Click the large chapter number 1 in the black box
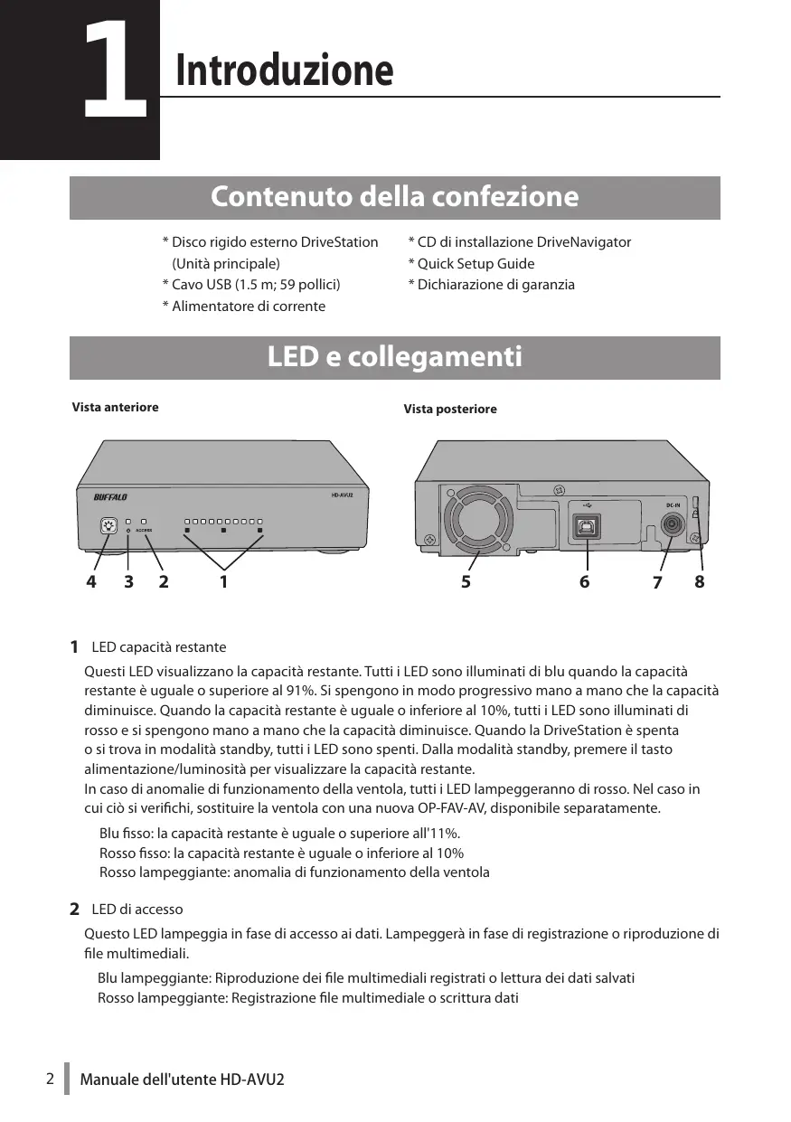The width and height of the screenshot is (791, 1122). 115,72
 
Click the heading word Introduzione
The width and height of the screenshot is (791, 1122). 285,71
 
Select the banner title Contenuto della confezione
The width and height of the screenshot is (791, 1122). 394,196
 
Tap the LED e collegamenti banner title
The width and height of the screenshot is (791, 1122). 394,357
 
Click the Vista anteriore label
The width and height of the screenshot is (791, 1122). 115,407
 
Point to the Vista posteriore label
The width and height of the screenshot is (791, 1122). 449,410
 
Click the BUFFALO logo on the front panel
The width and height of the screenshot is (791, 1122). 111,496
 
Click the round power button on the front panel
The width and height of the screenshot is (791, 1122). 109,525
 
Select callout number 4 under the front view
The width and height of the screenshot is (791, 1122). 90,583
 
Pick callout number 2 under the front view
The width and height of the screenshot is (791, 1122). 164,583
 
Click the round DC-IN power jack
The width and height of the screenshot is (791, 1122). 673,524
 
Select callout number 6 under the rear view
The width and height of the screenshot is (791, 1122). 585,583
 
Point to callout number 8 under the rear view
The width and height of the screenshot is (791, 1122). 699,583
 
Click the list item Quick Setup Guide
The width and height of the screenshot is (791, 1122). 471,263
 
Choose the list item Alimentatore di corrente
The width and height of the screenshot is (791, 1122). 243,306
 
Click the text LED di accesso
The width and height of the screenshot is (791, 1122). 137,909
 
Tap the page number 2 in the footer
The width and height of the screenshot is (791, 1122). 51,1079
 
